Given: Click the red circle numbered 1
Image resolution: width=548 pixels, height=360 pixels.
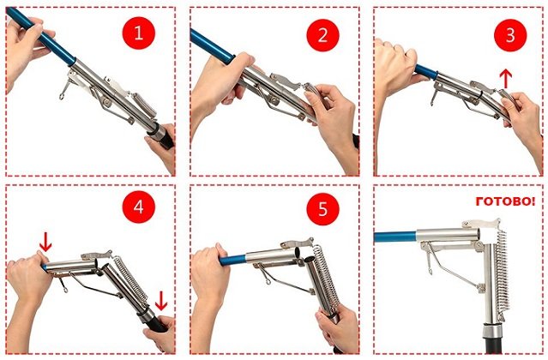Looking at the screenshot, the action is click(139, 33).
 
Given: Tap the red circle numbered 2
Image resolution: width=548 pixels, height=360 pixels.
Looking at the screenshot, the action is click(322, 35).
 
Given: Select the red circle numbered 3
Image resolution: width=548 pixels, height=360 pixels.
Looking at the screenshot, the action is click(510, 35).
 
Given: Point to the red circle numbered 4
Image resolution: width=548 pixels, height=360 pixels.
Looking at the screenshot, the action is click(139, 207).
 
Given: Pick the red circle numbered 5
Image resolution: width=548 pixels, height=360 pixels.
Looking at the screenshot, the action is click(322, 209).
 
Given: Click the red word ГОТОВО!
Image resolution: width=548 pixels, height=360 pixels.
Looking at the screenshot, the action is click(505, 201).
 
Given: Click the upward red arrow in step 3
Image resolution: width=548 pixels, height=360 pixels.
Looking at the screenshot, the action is click(506, 79).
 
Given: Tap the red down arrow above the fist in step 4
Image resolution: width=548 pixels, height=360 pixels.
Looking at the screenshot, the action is click(45, 242).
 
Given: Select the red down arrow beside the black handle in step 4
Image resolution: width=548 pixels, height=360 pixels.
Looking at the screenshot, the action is click(161, 301).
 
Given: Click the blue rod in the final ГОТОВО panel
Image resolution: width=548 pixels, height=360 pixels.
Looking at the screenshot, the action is click(395, 237).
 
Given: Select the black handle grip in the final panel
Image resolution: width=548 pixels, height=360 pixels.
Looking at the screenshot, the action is click(493, 345).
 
